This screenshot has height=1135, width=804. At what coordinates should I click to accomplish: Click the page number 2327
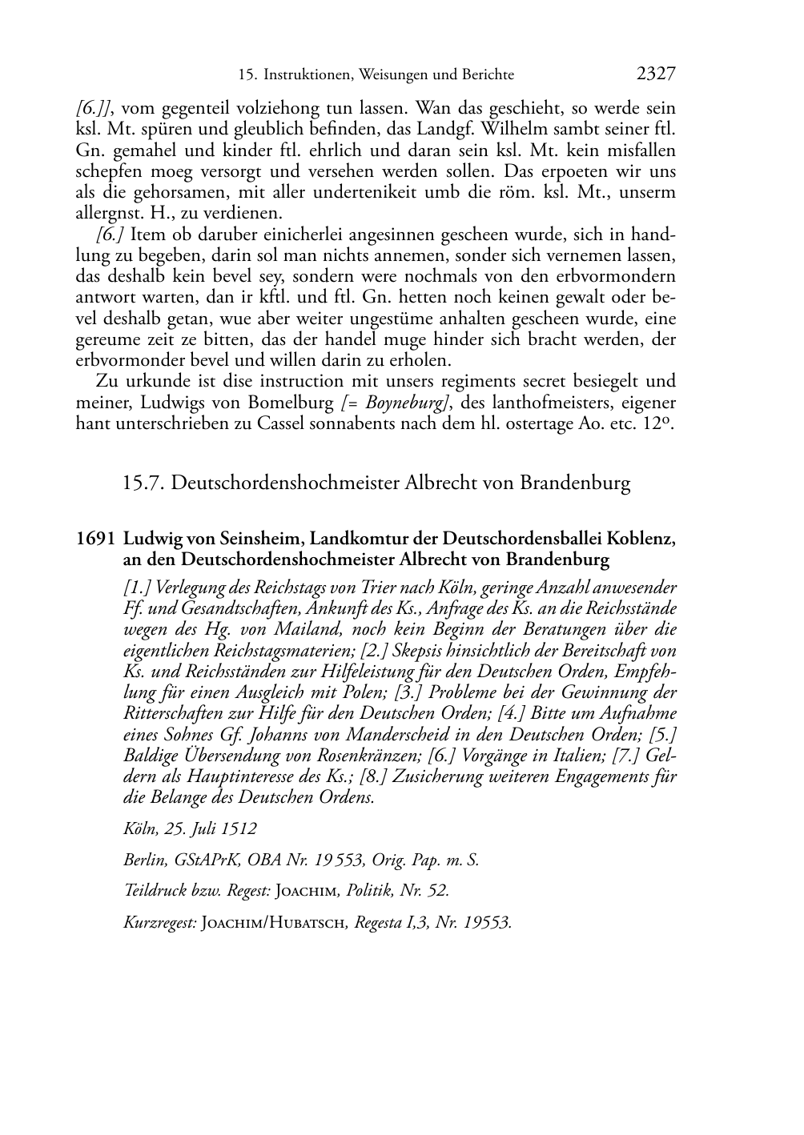tap(656, 74)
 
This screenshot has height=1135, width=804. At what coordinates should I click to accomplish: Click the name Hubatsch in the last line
tap(304, 923)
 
